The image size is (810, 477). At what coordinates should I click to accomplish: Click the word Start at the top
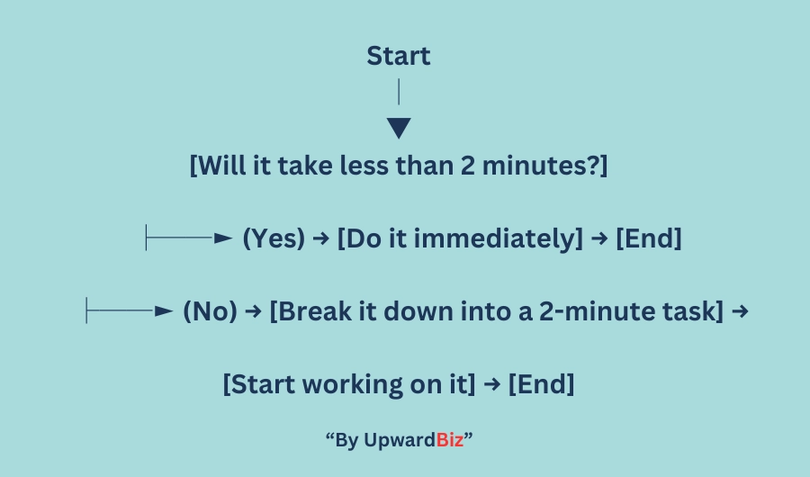399,56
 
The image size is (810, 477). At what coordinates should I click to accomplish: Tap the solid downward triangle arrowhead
399,128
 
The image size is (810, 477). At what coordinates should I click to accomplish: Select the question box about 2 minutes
399,166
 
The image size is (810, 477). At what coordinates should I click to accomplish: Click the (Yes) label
274,238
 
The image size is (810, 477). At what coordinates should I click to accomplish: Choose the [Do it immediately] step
460,238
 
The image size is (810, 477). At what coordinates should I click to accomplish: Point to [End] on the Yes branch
649,238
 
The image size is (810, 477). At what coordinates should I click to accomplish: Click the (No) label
211,311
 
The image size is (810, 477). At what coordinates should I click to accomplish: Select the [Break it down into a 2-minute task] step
497,311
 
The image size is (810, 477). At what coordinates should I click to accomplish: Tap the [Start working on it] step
349,384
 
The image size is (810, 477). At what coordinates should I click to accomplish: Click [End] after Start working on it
542,384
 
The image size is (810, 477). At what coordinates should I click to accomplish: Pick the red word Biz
450,440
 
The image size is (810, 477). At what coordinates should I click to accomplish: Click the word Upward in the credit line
400,441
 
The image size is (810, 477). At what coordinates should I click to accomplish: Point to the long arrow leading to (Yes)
189,238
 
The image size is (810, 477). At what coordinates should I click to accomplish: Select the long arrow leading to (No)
129,310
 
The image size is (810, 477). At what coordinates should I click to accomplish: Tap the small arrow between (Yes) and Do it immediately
320,238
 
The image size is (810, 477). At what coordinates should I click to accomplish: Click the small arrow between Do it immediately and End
599,238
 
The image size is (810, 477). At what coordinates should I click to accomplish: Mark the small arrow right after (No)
253,311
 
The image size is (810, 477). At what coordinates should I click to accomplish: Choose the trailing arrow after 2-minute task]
741,311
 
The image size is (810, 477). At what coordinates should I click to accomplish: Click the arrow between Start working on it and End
492,384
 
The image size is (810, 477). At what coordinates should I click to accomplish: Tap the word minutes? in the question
540,166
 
